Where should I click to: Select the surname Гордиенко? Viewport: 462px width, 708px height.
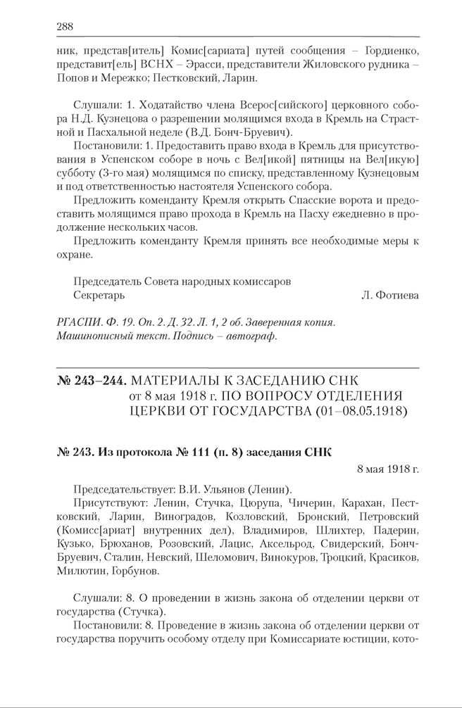(388, 51)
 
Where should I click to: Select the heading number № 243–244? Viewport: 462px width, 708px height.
(91, 381)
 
